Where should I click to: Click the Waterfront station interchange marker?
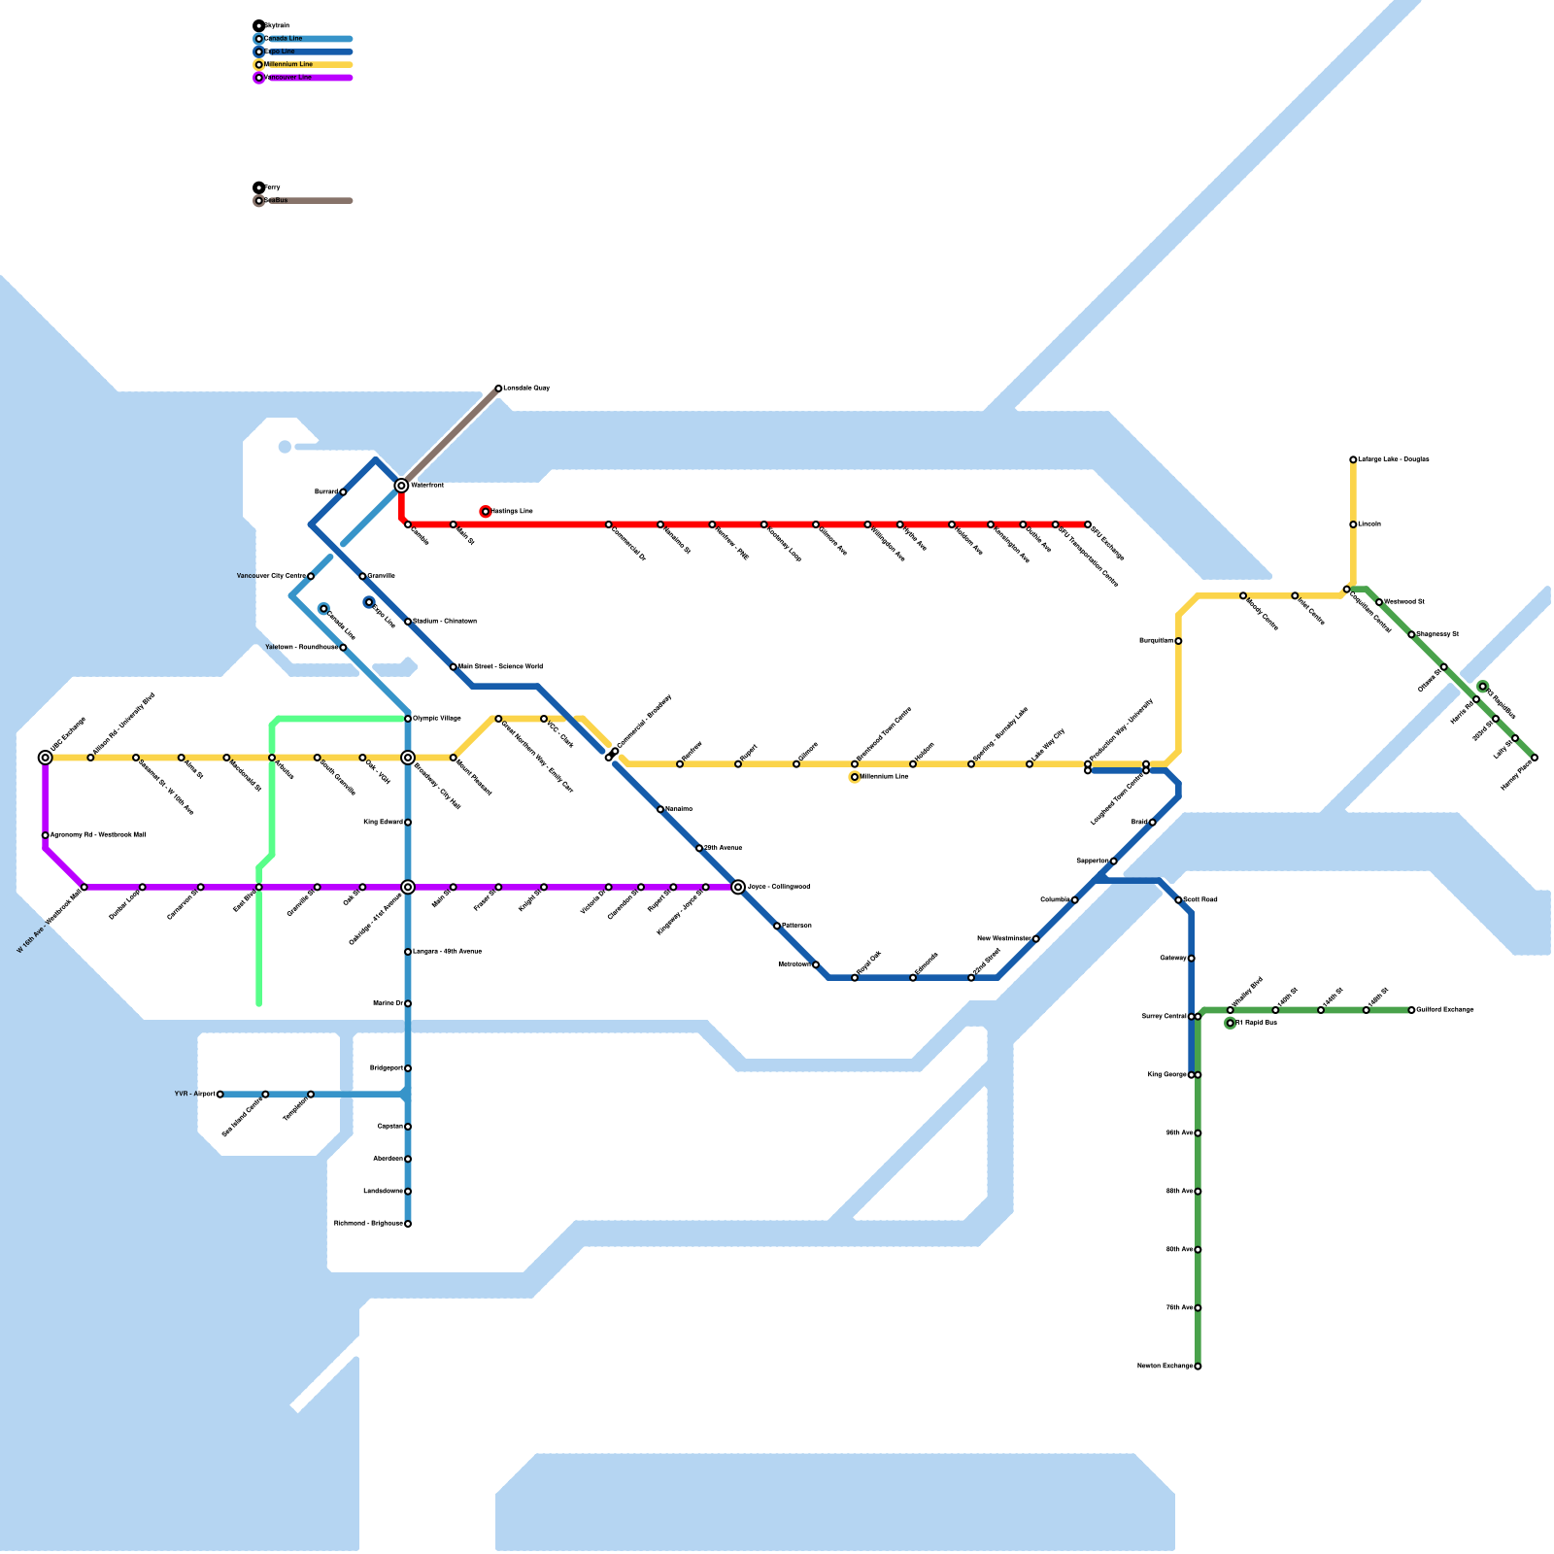pos(401,485)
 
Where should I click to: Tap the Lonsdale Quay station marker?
pos(498,388)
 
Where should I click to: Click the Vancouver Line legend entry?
pos(288,78)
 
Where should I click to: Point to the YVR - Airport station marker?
pos(220,1095)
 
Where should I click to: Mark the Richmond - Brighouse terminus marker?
pos(408,1224)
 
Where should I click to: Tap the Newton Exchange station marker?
pos(1198,1367)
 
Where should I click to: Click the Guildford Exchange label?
pos(1445,1010)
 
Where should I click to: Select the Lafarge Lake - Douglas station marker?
pos(1353,459)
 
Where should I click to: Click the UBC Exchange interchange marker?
pos(45,758)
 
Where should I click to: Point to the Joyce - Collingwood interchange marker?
pos(738,887)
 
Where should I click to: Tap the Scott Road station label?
pos(1200,900)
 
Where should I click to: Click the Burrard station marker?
pos(343,492)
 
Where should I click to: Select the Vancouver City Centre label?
pos(271,577)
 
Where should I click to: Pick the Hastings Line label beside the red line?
pos(513,512)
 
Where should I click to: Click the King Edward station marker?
pos(408,823)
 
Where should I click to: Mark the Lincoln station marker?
pos(1353,524)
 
